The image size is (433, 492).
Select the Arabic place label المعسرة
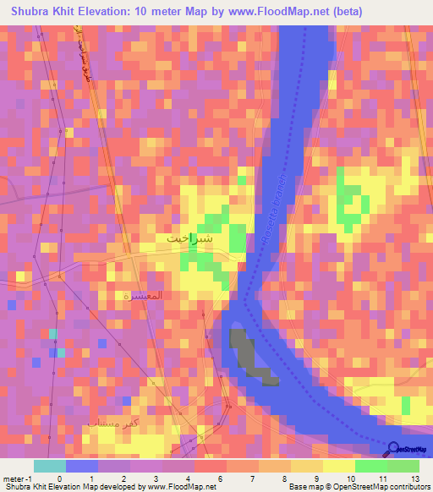142,297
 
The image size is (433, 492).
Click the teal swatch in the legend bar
50,466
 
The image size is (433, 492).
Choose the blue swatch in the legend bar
82,466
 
